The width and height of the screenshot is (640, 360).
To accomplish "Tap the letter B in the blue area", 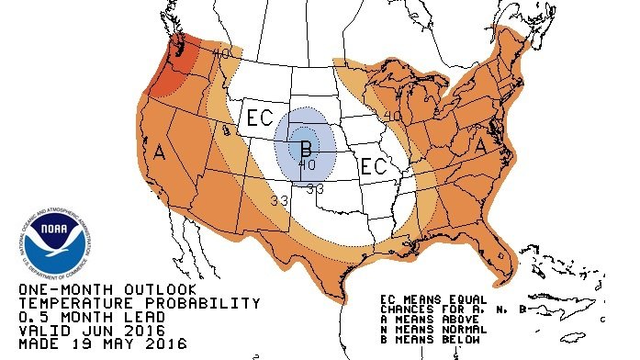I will tap(306, 147).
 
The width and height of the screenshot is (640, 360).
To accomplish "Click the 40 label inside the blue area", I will tap(307, 164).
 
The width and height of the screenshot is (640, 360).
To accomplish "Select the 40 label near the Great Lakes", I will tap(392, 117).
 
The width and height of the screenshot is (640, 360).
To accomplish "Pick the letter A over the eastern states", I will tap(478, 144).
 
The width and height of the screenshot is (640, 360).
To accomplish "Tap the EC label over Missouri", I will tap(373, 166).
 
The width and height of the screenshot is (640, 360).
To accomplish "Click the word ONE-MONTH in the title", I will tap(56, 290).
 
